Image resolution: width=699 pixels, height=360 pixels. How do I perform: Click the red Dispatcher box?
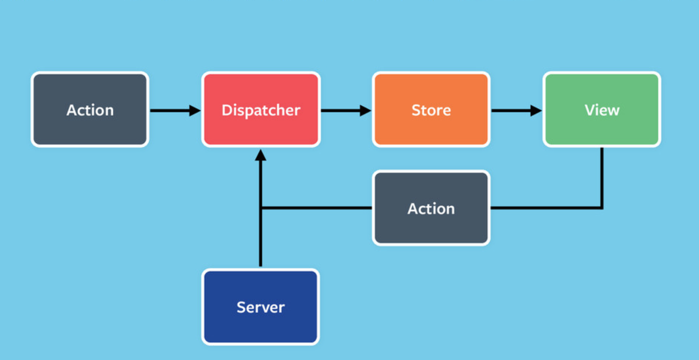(261, 110)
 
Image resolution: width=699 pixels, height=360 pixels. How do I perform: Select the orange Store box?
(431, 110)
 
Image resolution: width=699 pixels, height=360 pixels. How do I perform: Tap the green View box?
(602, 110)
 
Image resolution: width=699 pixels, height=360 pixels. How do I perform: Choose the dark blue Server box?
(260, 307)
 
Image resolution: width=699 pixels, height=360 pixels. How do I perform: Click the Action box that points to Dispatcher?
(90, 110)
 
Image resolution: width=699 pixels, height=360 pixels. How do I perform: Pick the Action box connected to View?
(431, 208)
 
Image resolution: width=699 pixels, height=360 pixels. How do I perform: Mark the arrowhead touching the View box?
(536, 110)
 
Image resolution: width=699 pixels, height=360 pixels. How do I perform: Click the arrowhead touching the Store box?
(365, 110)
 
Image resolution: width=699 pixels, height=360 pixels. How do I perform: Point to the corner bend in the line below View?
(602, 208)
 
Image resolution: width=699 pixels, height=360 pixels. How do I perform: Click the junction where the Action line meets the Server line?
(261, 208)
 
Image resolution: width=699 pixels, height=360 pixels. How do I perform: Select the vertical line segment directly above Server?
(260, 239)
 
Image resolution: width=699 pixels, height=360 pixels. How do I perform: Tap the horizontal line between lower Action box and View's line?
(545, 208)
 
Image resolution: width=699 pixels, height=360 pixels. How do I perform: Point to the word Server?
(260, 307)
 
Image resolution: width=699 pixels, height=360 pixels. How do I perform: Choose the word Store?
(431, 110)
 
